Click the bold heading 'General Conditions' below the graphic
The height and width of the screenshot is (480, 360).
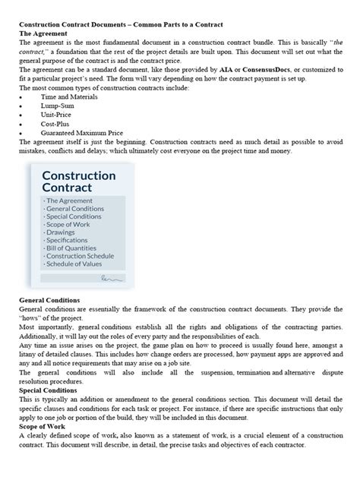tap(49, 301)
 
